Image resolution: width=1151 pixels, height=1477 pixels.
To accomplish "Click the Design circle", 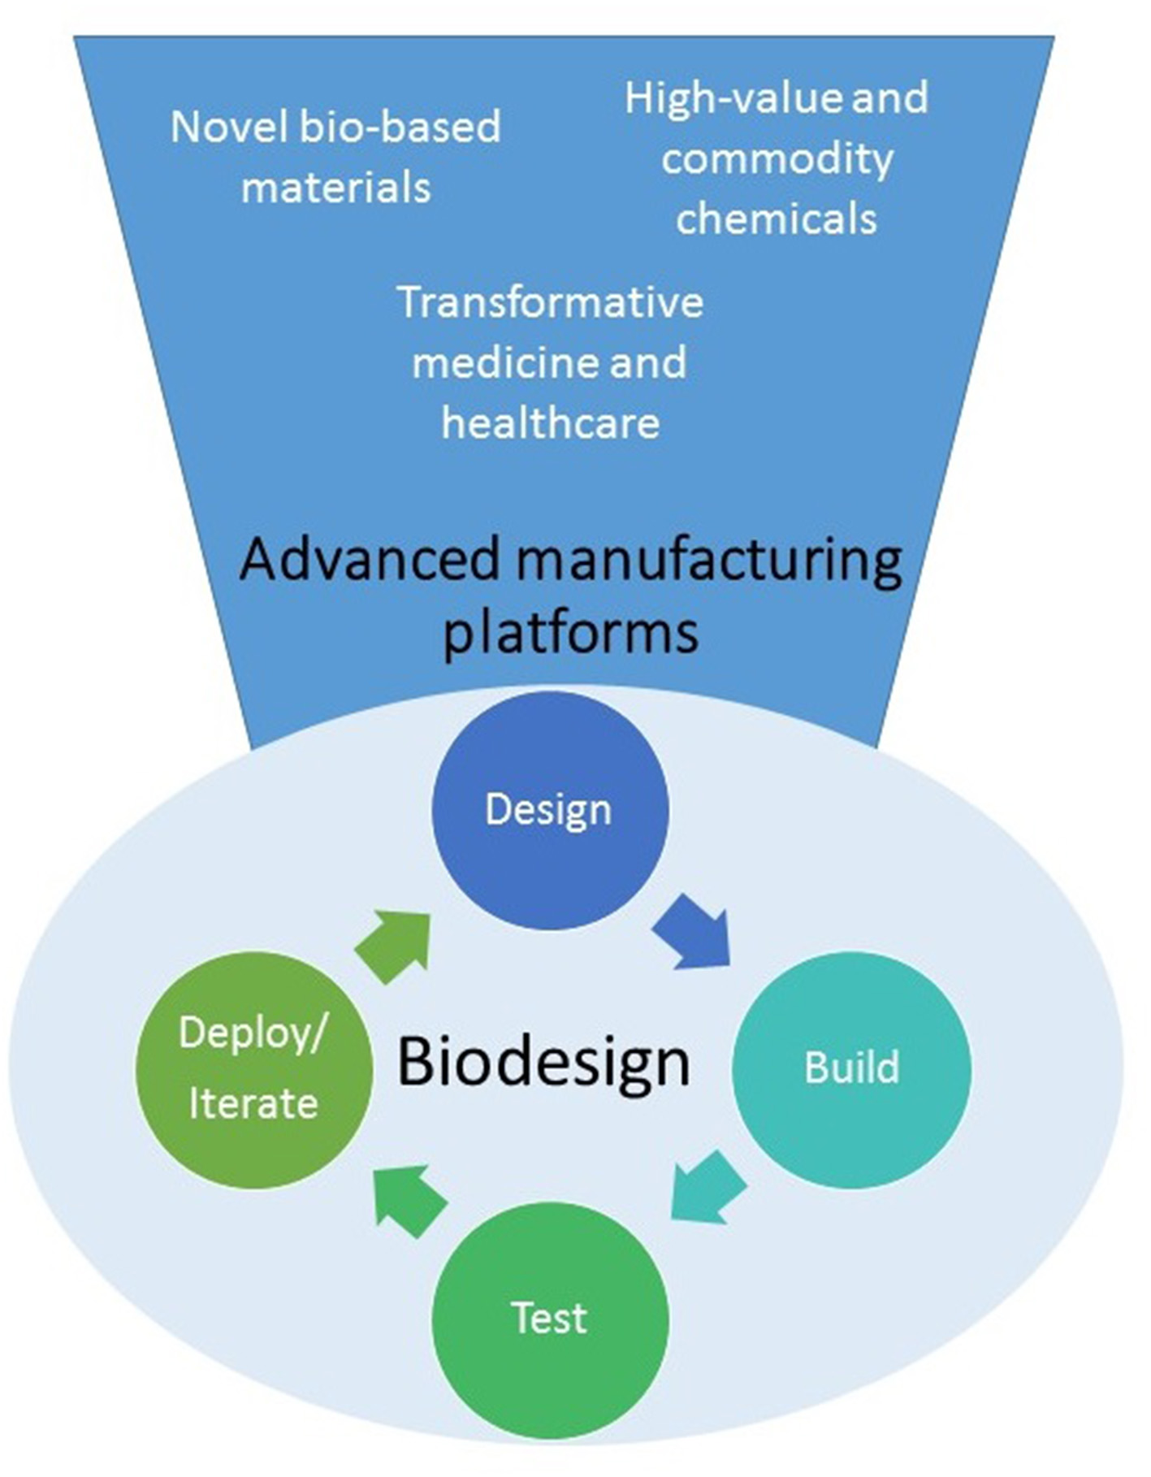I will [549, 810].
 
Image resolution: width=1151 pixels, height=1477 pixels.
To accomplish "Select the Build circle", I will [851, 1068].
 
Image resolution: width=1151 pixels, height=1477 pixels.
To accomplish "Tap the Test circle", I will [550, 1319].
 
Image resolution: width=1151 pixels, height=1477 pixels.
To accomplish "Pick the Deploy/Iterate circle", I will [253, 1068].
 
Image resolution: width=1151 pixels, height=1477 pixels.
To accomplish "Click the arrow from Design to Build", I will [693, 933].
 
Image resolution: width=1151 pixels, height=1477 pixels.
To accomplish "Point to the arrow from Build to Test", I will [707, 1187].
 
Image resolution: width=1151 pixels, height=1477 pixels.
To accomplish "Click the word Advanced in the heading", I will [370, 560].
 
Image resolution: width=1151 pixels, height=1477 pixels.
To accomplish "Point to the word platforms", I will [570, 631].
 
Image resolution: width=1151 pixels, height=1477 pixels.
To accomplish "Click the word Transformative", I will [550, 302].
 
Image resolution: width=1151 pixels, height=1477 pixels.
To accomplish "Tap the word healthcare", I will [550, 423].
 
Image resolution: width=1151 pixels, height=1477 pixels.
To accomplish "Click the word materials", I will [335, 188].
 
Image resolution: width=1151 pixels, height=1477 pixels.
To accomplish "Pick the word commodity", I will [777, 158].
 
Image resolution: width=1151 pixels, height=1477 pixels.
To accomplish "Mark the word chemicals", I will [777, 219].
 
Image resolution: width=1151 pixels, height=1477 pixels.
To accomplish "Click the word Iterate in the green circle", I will [253, 1104].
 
